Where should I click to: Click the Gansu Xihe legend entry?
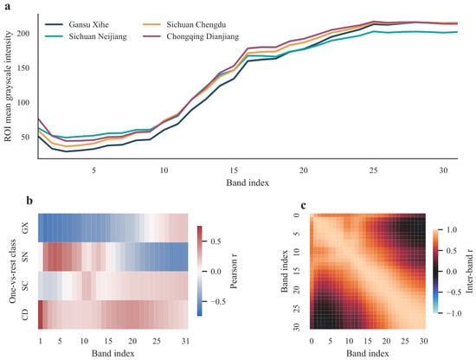(x=77, y=24)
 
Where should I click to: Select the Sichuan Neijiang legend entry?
(x=86, y=36)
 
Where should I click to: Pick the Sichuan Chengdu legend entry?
(x=184, y=24)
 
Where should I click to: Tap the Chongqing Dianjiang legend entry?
(x=190, y=36)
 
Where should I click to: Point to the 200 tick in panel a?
(x=23, y=34)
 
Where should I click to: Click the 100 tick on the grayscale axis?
(x=23, y=103)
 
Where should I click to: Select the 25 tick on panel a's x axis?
(x=373, y=170)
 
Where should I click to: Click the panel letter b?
(x=29, y=201)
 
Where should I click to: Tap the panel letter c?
(x=303, y=205)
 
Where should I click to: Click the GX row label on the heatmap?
(x=25, y=228)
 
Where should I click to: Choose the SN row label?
(x=25, y=257)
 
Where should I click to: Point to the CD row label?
(x=25, y=314)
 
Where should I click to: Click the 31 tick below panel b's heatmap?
(x=185, y=341)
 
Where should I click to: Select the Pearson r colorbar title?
(x=234, y=271)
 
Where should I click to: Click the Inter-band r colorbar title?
(x=469, y=271)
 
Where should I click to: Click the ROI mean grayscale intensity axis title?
(x=8, y=86)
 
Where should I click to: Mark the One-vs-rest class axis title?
(x=12, y=271)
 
